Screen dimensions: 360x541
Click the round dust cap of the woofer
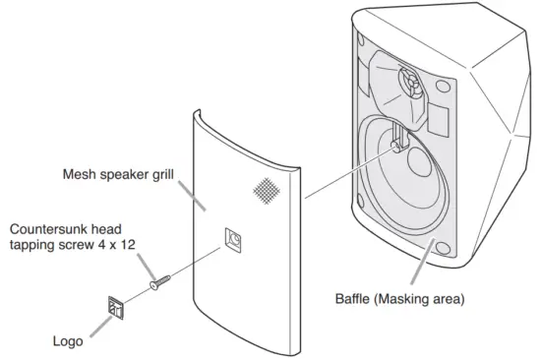pos(395,144)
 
